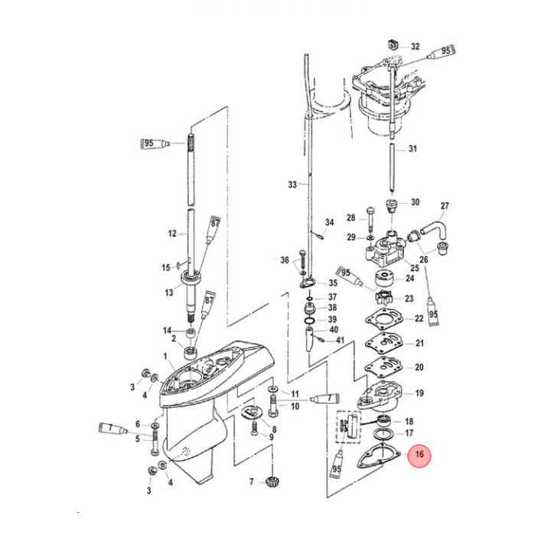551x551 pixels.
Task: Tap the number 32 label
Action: pos(415,46)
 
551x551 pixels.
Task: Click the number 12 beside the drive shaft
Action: pos(172,233)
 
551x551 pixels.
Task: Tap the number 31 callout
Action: pos(413,148)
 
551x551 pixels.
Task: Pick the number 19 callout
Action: pos(419,393)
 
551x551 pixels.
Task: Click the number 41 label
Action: pos(341,339)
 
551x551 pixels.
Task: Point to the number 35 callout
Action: pos(332,283)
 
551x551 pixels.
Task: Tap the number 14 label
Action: pos(167,330)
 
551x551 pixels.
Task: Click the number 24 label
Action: pos(409,279)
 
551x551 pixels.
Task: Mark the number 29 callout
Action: pos(351,237)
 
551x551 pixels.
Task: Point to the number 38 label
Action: pos(332,307)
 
